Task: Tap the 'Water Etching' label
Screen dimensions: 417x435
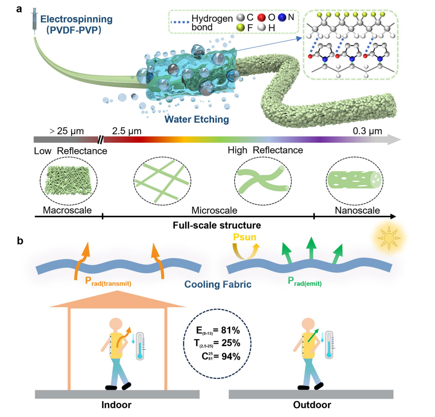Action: click(196, 120)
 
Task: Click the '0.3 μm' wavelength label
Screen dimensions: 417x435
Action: click(367, 131)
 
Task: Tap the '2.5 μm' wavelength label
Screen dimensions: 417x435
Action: click(126, 131)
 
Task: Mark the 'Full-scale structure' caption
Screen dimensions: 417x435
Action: click(217, 225)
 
